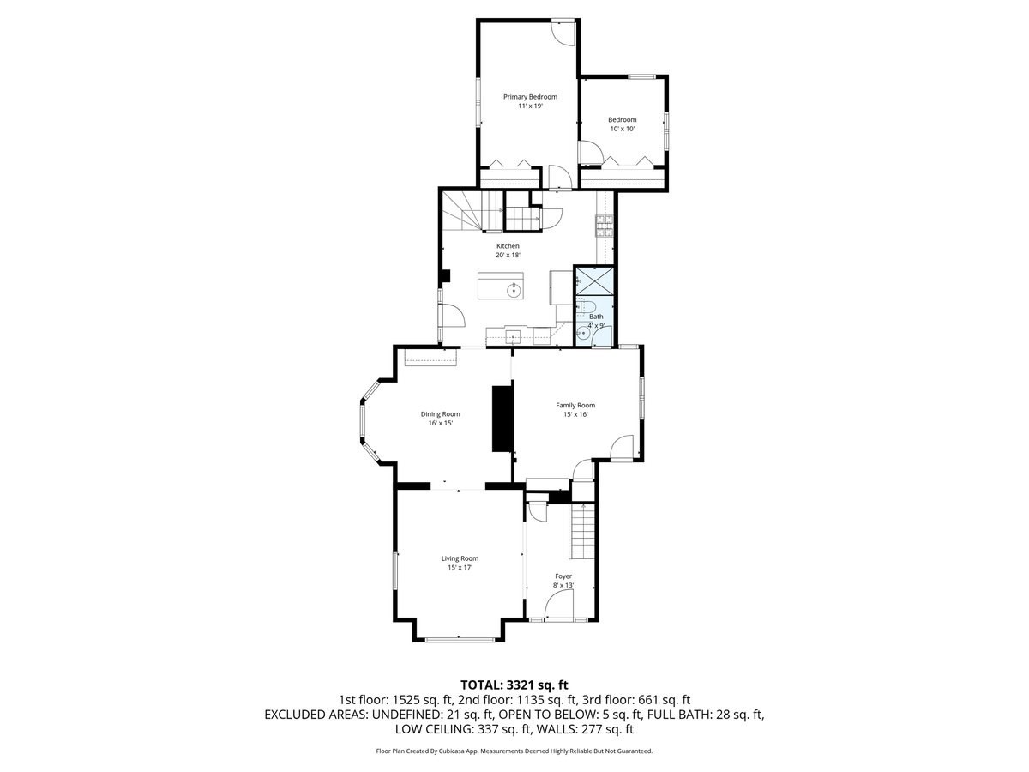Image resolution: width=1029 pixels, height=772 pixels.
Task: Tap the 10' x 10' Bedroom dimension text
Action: pos(622,129)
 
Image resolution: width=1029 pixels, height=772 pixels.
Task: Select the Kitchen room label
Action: pos(508,246)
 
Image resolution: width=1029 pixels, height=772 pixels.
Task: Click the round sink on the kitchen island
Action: pos(514,290)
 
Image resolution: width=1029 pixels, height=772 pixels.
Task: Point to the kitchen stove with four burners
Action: pos(604,225)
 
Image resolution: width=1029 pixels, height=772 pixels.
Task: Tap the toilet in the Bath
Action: pos(588,308)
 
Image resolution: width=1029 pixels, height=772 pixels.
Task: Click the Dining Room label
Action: pos(440,414)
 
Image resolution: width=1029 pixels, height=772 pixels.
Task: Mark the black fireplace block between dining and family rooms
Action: pos(502,418)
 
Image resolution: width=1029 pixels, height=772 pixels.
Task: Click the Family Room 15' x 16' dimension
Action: pos(575,414)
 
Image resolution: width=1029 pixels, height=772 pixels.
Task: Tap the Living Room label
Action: pos(460,558)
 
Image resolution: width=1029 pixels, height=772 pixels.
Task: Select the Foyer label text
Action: pos(563,576)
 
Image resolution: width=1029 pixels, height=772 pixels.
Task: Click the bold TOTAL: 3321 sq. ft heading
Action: pos(514,685)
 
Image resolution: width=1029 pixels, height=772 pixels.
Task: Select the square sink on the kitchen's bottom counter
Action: pos(514,335)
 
